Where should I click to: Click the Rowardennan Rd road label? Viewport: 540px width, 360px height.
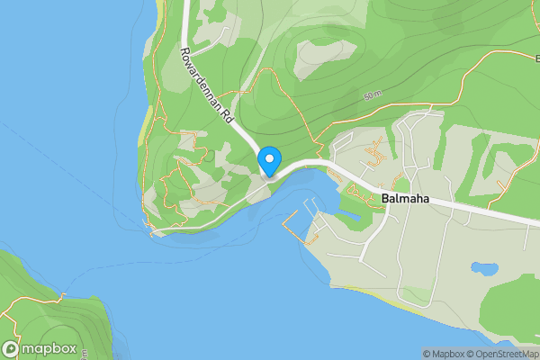pyautogui.click(x=206, y=85)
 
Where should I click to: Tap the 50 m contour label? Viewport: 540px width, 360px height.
pyautogui.click(x=373, y=94)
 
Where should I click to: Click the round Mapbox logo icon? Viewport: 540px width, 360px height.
pyautogui.click(x=11, y=349)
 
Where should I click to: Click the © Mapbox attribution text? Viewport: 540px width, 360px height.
pyautogui.click(x=444, y=354)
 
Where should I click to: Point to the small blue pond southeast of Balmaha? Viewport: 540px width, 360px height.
pyautogui.click(x=483, y=267)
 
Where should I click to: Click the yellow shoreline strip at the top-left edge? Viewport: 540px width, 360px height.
pyautogui.click(x=158, y=13)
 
